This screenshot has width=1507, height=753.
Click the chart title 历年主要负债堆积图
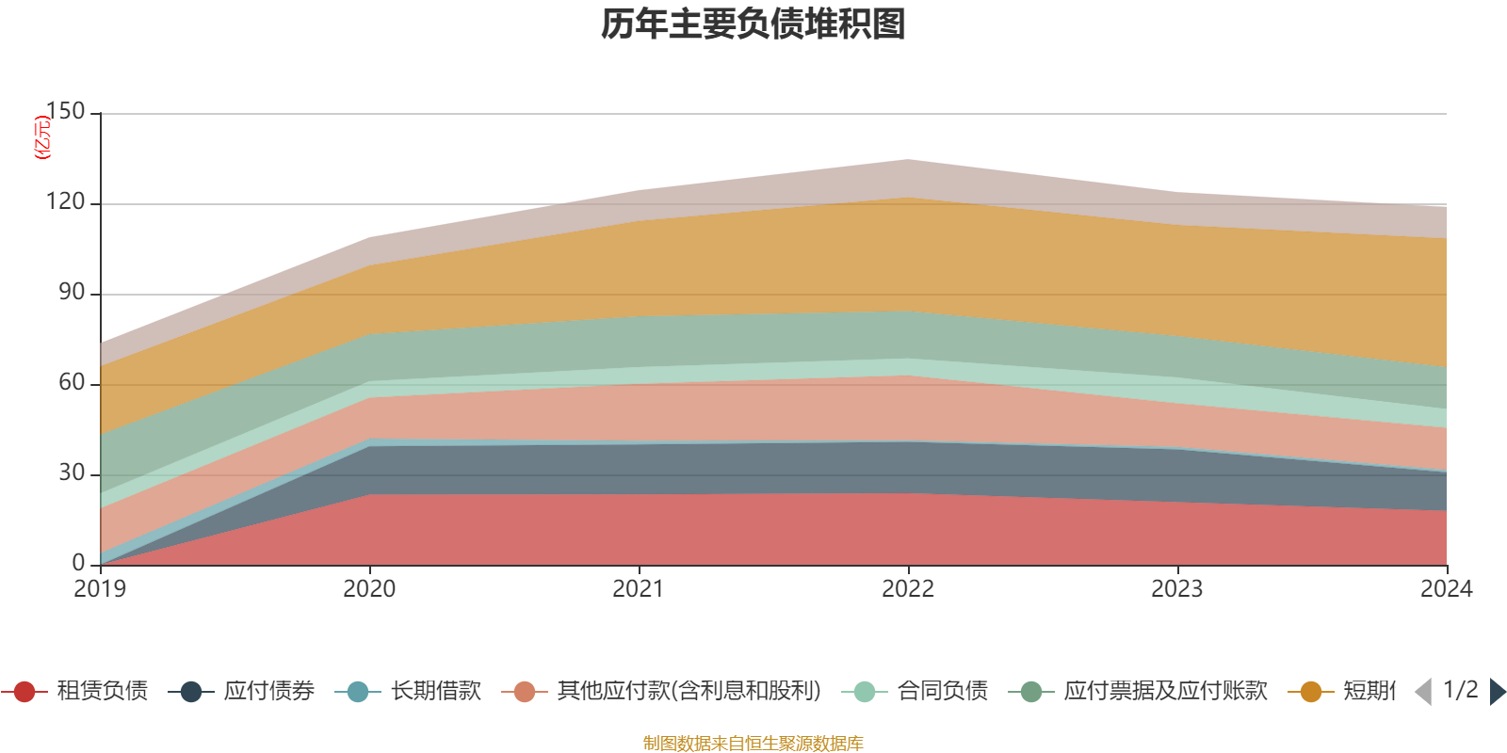[x=753, y=24]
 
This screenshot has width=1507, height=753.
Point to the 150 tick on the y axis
[x=66, y=112]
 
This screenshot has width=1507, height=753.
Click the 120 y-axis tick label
[x=66, y=202]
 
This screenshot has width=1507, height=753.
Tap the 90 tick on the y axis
[x=72, y=293]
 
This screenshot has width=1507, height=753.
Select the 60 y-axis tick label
[x=72, y=383]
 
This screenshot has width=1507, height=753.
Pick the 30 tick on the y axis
[x=72, y=473]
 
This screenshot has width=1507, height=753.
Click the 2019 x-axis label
[x=100, y=589]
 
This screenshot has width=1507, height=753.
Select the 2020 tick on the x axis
[x=369, y=589]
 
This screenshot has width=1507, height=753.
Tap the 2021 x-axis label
[x=639, y=589]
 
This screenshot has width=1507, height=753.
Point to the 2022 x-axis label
[x=908, y=589]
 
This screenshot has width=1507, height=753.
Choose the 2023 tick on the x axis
[x=1177, y=589]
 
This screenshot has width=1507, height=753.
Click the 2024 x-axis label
[x=1446, y=589]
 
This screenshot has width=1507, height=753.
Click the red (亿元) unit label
[x=42, y=137]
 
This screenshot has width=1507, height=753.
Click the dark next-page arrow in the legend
[x=1498, y=692]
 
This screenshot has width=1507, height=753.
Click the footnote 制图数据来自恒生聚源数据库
[x=753, y=744]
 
